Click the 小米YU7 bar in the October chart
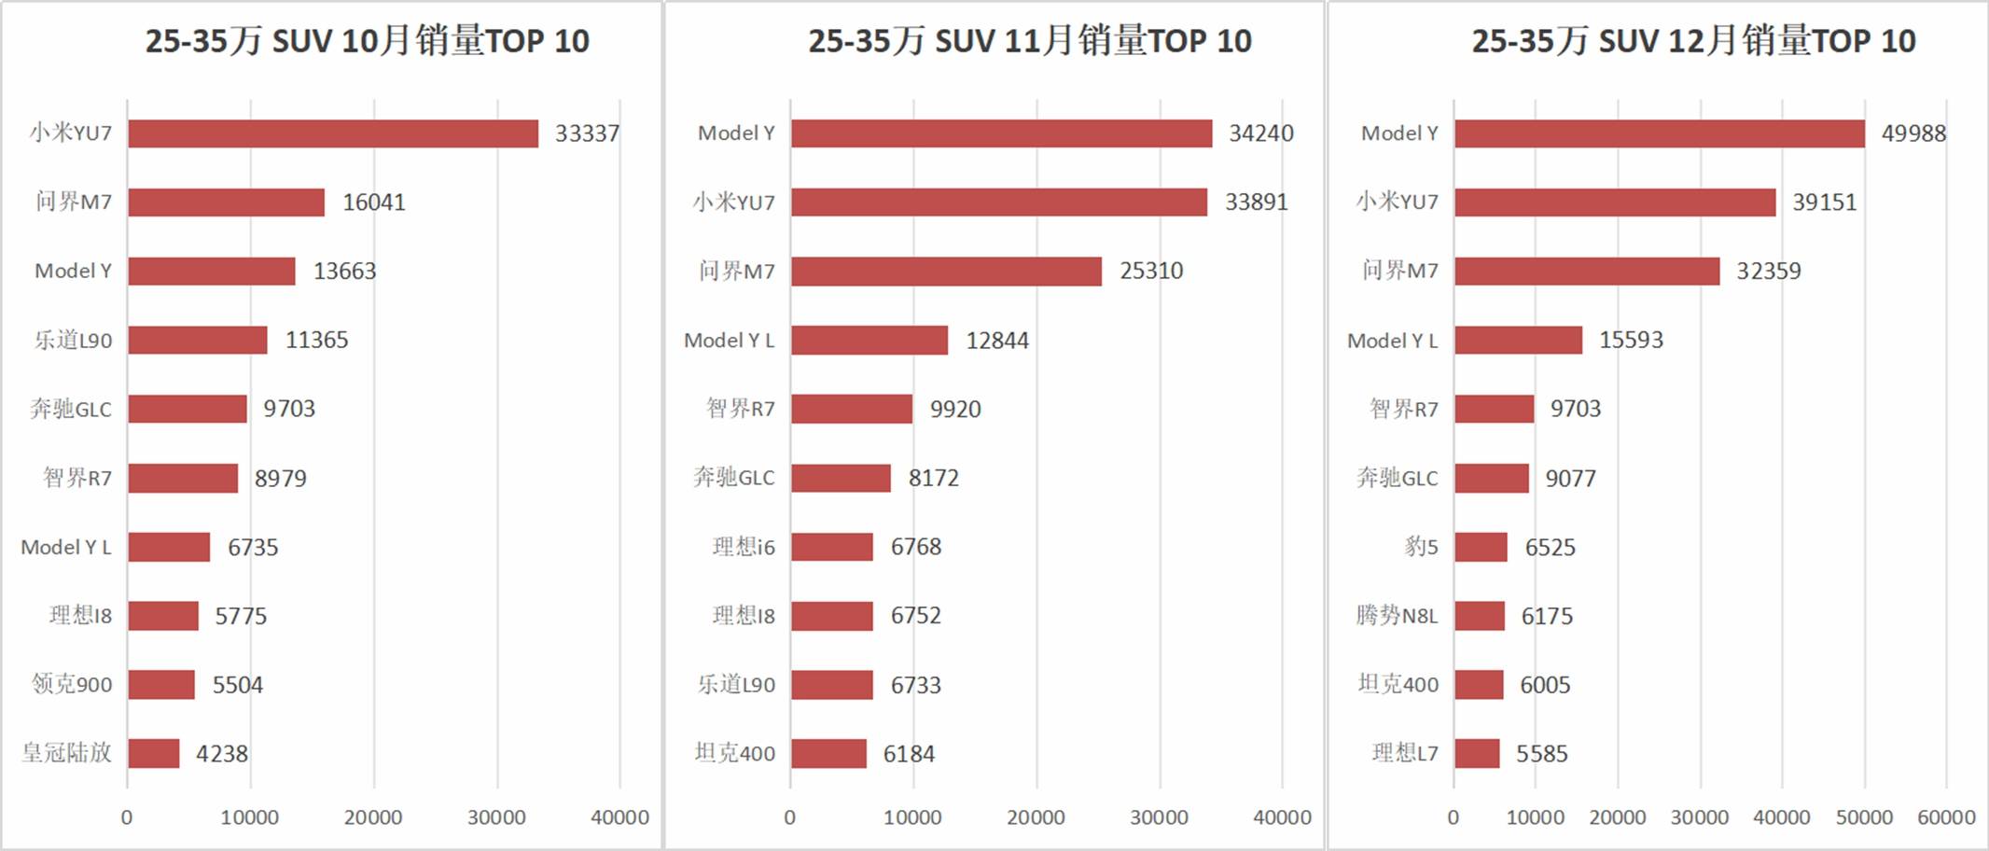click(x=333, y=133)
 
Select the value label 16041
click(x=373, y=202)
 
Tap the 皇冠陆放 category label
click(x=66, y=753)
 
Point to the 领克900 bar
click(x=161, y=685)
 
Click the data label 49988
click(x=1913, y=133)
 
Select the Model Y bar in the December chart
click(x=1659, y=133)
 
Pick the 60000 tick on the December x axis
click(x=1946, y=817)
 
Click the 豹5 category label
click(x=1421, y=547)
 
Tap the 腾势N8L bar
click(x=1480, y=616)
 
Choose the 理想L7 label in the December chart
click(x=1405, y=753)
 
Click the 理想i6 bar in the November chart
click(x=832, y=547)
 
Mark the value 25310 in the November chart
click(x=1151, y=272)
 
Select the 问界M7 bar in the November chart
click(x=946, y=272)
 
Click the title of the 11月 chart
click(x=1030, y=41)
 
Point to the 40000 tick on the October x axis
click(x=619, y=817)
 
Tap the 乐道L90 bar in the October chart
click(x=198, y=340)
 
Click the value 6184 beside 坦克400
click(x=909, y=754)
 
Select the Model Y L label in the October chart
click(x=66, y=547)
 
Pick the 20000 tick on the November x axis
click(x=1036, y=817)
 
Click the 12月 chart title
click(x=1693, y=41)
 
